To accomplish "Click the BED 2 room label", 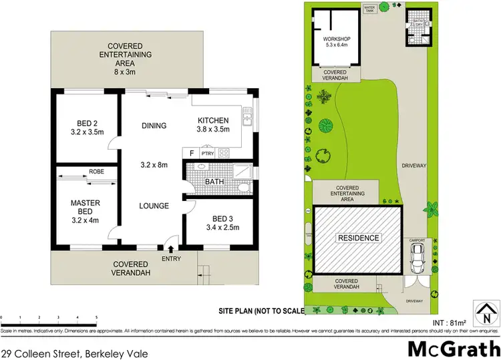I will click(x=85, y=127).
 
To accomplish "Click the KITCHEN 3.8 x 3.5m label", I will click(x=213, y=125).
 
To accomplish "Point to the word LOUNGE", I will click(x=154, y=206).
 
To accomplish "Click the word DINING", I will click(x=154, y=126).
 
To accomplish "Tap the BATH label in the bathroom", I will click(x=214, y=181).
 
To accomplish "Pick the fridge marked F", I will click(x=192, y=153).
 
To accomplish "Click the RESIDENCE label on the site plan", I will click(x=358, y=238).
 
